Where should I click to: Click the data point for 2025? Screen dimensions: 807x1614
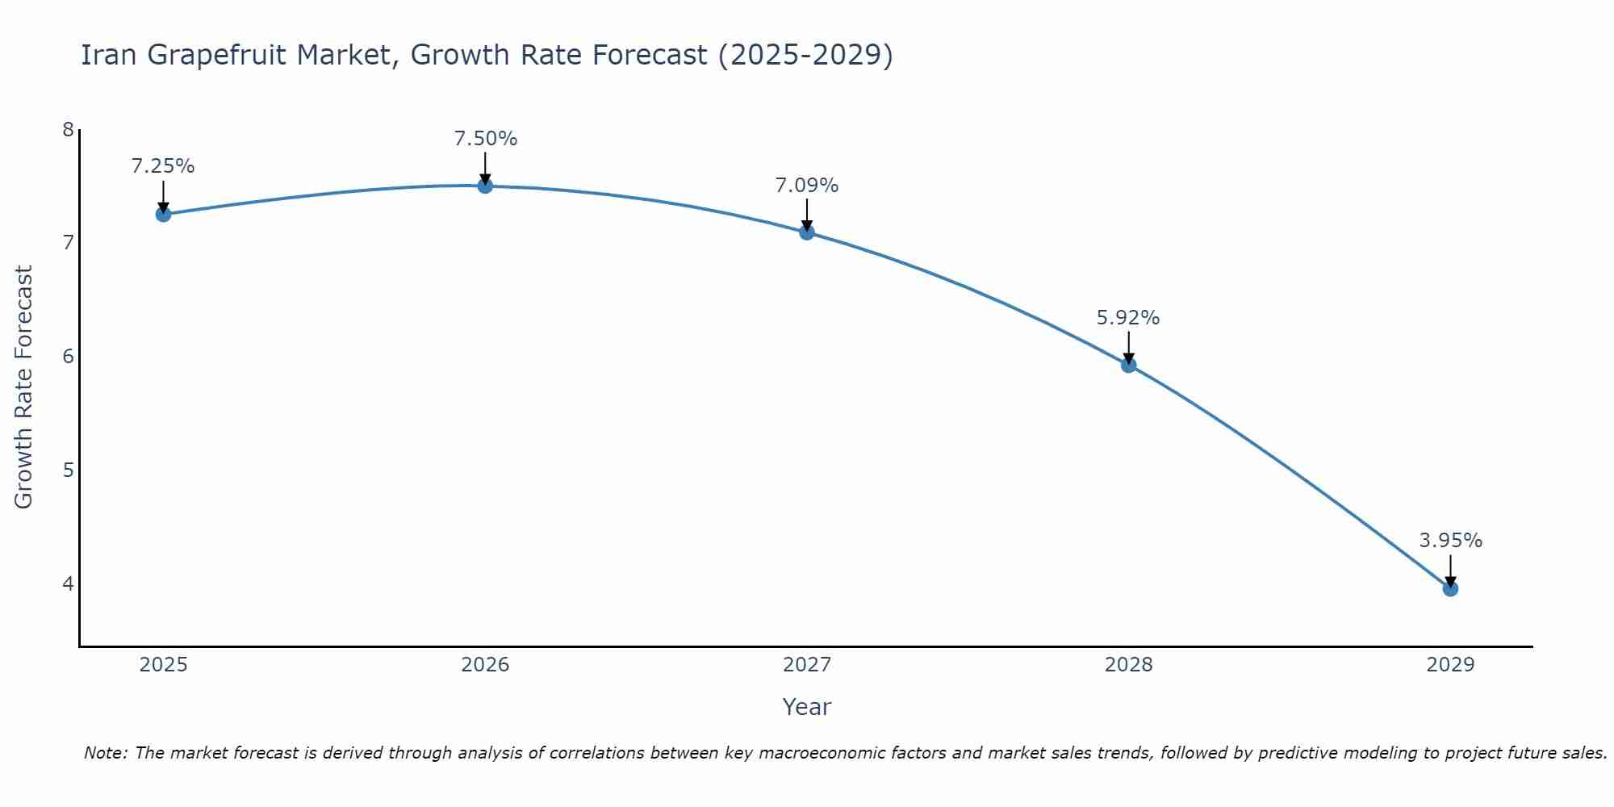click(x=163, y=214)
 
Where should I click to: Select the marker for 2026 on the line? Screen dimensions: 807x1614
click(x=485, y=186)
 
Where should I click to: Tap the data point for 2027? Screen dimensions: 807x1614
click(x=807, y=232)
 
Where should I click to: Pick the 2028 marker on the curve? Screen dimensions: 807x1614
click(x=1129, y=365)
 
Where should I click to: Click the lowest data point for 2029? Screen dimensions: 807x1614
click(x=1450, y=588)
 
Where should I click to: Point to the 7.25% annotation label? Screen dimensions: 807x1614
click(x=163, y=166)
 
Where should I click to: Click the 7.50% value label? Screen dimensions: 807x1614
click(x=485, y=139)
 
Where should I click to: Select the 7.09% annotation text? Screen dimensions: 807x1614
click(x=807, y=186)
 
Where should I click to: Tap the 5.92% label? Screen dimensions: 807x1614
click(x=1128, y=318)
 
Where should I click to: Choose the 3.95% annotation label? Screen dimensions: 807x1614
click(x=1450, y=541)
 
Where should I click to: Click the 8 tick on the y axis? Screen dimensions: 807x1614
click(x=68, y=129)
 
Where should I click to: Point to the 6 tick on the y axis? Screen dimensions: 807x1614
click(x=68, y=356)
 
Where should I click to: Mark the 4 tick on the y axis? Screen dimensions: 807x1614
click(x=68, y=583)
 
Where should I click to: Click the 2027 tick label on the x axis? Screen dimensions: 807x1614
click(x=807, y=665)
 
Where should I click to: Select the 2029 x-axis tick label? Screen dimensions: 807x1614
click(x=1450, y=665)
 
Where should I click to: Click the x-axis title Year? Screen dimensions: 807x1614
click(x=807, y=707)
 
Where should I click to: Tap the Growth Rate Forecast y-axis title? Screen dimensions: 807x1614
click(x=24, y=387)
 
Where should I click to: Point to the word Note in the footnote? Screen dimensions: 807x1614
click(x=105, y=753)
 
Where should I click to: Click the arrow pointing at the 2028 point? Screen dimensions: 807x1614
click(x=1129, y=347)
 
